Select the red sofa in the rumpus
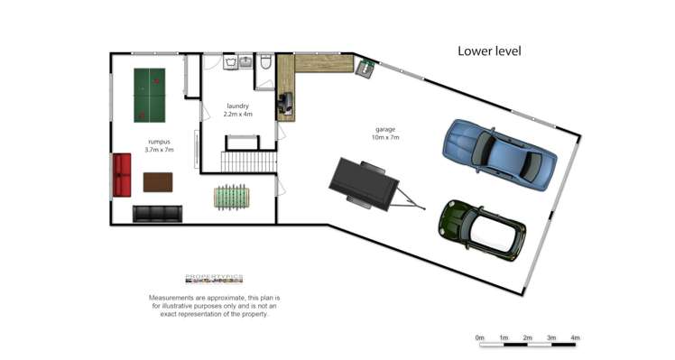[x=122, y=174]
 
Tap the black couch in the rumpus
[x=157, y=213]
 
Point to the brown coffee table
[x=157, y=181]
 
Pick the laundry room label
[x=238, y=110]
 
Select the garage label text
[x=384, y=133]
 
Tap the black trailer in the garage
[x=366, y=184]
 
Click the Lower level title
[x=489, y=51]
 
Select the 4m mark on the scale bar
[x=574, y=338]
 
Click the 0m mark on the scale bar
[x=480, y=338]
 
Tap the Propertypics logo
[x=214, y=280]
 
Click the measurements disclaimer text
[x=215, y=306]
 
